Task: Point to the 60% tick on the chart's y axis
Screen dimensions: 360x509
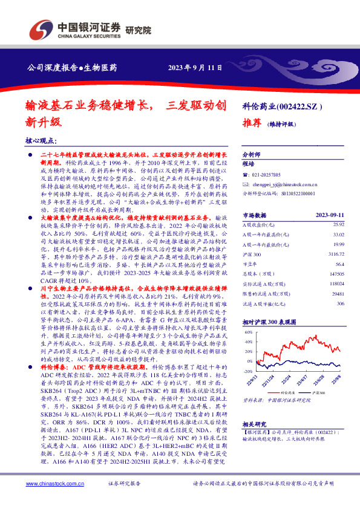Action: click(247, 332)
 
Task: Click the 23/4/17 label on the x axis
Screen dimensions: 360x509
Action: click(301, 379)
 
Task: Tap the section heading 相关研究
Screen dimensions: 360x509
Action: click(252, 424)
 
